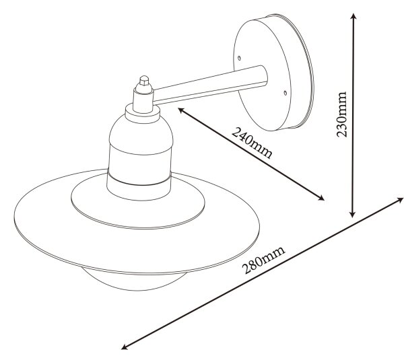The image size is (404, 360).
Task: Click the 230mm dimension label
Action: (341, 114)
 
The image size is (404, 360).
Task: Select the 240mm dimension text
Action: (252, 143)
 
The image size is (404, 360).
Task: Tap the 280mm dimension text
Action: (263, 260)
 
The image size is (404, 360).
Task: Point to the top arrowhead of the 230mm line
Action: (353, 17)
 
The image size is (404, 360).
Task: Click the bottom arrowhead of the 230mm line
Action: (353, 214)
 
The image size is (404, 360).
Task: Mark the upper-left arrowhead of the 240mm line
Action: (181, 110)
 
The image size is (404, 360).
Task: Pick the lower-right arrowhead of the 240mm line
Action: (321, 198)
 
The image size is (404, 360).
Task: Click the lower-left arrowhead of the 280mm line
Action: (125, 347)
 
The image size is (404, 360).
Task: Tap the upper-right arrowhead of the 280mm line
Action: (399, 200)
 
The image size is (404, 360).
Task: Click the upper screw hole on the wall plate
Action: (239, 58)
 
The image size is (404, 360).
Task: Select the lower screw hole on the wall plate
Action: (285, 92)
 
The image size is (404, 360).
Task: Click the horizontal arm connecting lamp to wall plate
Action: (210, 84)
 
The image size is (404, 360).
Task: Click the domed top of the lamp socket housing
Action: (141, 134)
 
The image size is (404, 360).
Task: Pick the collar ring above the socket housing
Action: (143, 113)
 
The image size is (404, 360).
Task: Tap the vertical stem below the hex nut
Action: (143, 99)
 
